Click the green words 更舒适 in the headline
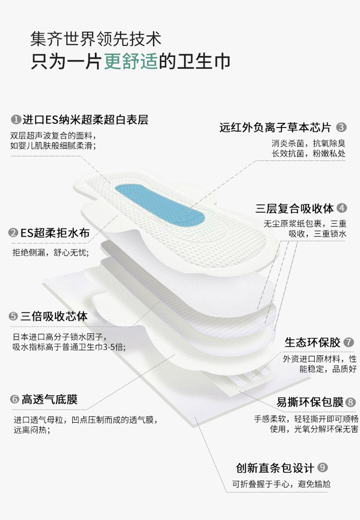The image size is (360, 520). point(131,61)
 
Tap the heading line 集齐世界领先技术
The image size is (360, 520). point(95,39)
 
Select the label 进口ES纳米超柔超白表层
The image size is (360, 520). point(85,120)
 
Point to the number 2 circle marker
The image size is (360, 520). point(13,233)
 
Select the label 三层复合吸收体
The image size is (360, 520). point(295,208)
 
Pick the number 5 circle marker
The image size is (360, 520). point(13,317)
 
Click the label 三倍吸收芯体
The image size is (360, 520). point(54,317)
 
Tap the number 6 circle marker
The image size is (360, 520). point(14,399)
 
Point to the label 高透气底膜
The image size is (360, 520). point(49,399)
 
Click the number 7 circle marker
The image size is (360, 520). point(349,342)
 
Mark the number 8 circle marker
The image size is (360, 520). point(350,402)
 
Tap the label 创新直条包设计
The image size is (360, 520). point(275,468)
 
